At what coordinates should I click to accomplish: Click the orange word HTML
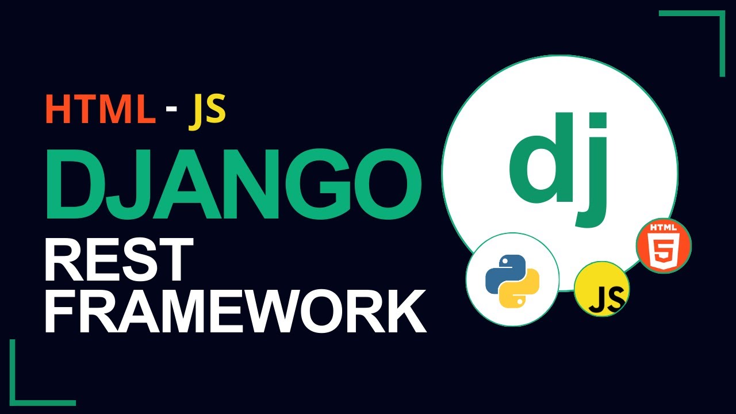pos(100,109)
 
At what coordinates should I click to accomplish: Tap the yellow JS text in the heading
pos(206,109)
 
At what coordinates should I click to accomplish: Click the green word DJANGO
pos(233,181)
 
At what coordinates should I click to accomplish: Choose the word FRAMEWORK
pos(235,312)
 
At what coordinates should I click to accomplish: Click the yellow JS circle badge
pos(601,289)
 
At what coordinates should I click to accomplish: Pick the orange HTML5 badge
pos(663,246)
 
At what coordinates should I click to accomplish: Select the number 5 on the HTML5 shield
pos(663,251)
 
